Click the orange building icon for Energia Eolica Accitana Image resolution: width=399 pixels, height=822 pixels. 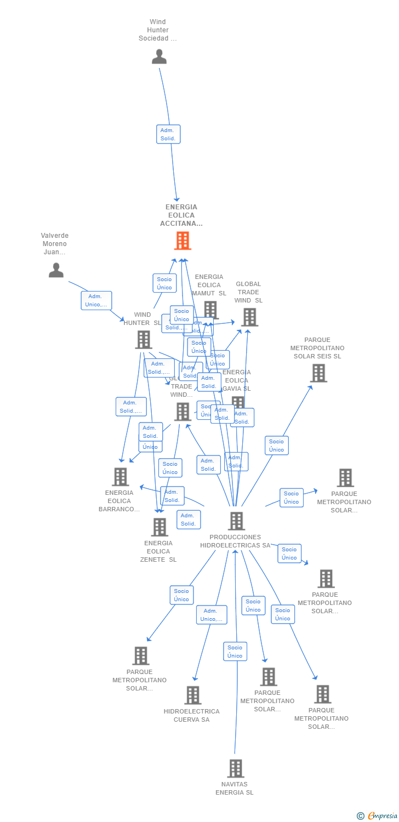click(183, 241)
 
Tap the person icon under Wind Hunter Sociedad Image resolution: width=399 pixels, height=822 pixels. click(159, 56)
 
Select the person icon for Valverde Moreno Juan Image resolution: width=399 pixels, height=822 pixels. click(56, 270)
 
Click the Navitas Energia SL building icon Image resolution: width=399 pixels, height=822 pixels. click(236, 768)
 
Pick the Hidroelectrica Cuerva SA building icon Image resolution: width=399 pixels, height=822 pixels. click(193, 695)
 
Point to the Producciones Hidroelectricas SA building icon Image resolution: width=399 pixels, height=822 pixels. click(237, 521)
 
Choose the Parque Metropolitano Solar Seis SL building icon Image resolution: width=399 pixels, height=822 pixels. click(318, 373)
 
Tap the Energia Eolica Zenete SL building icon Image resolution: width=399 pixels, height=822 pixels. click(159, 527)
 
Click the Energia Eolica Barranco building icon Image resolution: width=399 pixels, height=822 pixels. click(121, 477)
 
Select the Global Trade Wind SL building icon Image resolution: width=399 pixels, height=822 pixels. click(249, 317)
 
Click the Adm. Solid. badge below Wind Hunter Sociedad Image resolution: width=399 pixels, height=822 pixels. click(168, 134)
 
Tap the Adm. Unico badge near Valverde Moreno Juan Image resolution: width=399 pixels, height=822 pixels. click(96, 300)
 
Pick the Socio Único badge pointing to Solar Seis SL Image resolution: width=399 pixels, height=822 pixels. click(277, 446)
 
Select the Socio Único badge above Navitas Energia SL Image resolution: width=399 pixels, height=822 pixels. click(235, 652)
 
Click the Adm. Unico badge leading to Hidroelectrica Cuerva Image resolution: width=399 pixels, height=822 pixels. click(212, 615)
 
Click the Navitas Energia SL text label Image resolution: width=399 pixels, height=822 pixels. click(235, 789)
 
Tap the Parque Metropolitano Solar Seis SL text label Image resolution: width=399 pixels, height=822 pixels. click(317, 348)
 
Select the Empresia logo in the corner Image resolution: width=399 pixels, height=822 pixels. click(378, 816)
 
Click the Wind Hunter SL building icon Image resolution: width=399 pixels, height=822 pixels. click(144, 340)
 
